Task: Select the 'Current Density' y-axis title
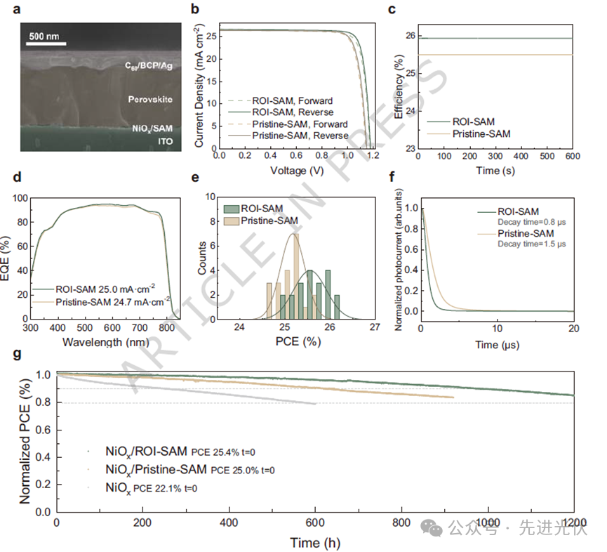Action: click(x=199, y=88)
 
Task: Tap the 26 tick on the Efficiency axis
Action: click(x=411, y=36)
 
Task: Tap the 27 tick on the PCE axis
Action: click(x=374, y=329)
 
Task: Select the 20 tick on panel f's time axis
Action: click(x=573, y=329)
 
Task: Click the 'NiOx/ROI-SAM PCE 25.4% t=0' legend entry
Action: click(x=189, y=452)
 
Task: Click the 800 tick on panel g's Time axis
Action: click(x=402, y=524)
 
